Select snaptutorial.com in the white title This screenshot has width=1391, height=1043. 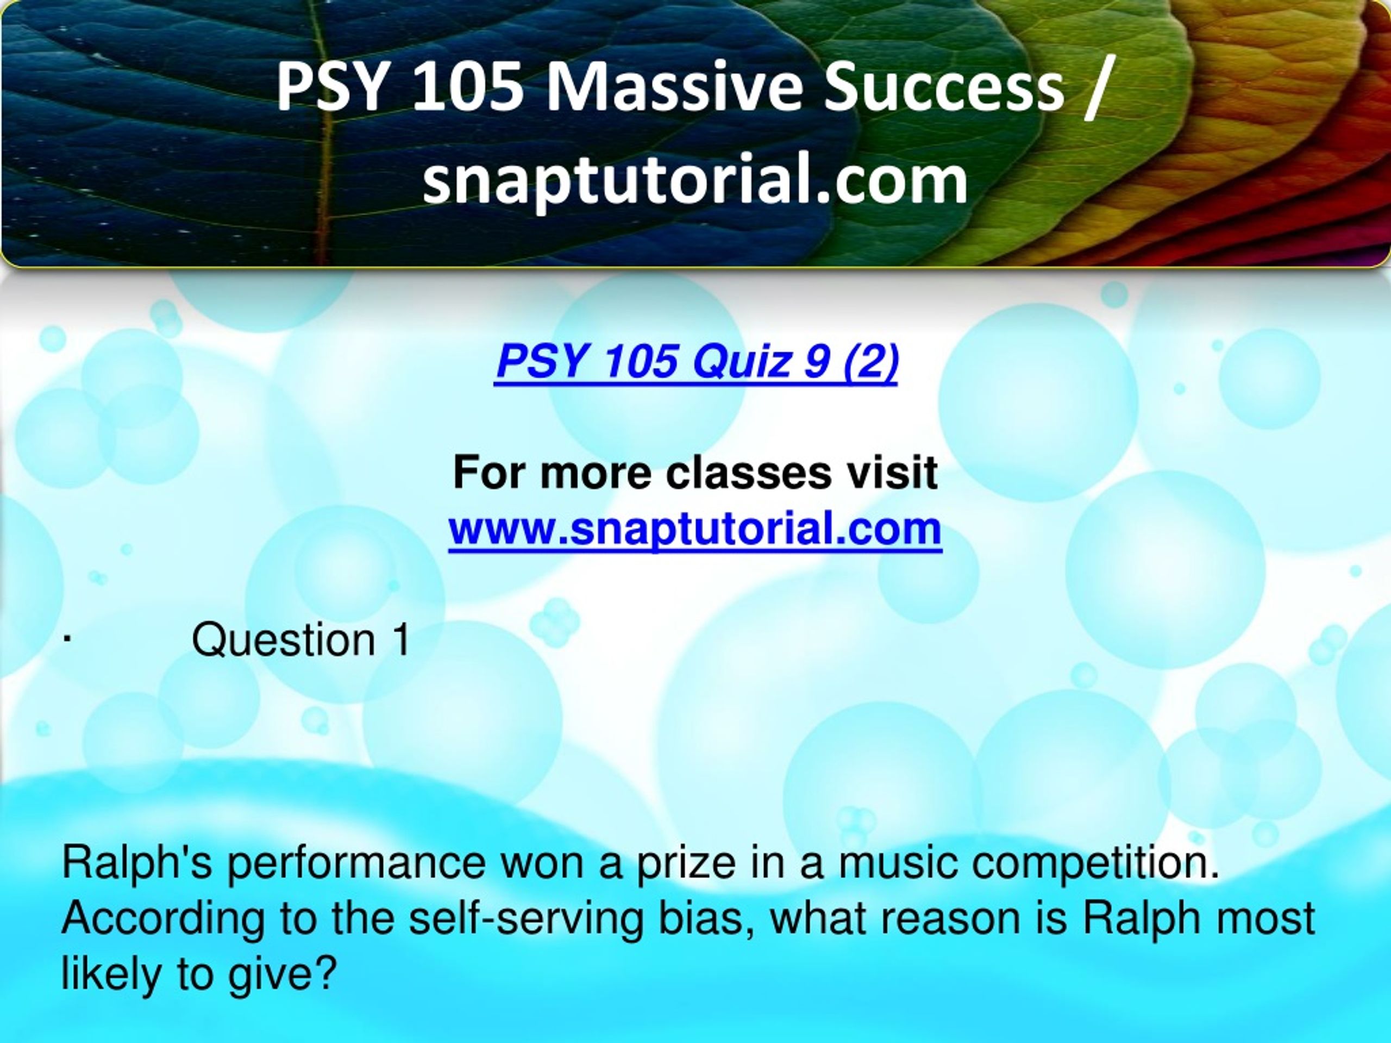click(695, 180)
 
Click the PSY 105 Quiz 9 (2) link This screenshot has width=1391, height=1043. click(697, 363)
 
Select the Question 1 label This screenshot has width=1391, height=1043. click(300, 640)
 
